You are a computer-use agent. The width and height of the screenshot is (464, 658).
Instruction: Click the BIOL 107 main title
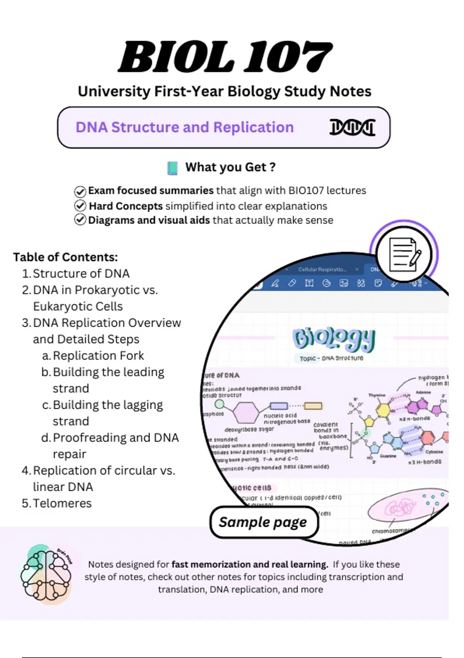click(225, 57)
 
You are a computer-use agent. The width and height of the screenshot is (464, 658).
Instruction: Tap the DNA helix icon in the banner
click(352, 127)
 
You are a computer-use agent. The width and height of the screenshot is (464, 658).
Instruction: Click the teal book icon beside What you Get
click(172, 168)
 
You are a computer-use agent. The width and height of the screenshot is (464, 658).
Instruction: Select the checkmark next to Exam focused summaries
click(80, 191)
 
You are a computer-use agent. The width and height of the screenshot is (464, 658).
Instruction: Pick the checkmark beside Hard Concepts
click(80, 206)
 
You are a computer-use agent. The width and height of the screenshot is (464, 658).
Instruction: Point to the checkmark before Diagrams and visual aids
click(80, 220)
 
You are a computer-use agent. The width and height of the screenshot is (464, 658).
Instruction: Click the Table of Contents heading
click(65, 257)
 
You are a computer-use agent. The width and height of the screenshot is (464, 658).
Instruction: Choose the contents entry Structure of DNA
click(81, 274)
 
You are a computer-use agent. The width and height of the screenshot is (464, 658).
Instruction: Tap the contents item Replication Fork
click(98, 355)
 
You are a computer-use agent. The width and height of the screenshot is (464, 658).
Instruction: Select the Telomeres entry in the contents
click(62, 503)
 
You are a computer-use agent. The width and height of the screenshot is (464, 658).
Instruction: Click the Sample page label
click(263, 522)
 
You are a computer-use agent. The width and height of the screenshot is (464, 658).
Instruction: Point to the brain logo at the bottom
click(46, 574)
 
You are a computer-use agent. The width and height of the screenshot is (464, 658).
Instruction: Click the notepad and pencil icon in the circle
click(404, 254)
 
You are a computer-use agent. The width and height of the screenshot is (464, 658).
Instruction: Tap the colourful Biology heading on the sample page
click(334, 338)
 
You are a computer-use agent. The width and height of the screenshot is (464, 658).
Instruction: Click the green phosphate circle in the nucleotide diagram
click(219, 404)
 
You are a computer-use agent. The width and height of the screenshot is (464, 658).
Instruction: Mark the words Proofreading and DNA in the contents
click(116, 437)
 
